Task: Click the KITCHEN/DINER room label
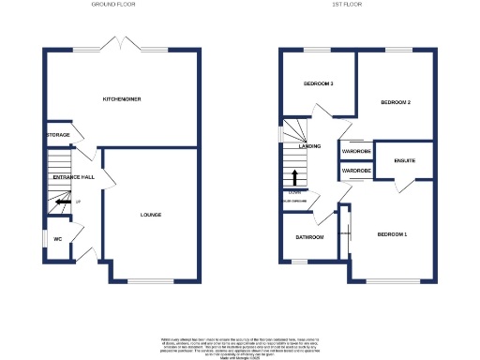pyautogui.click(x=122, y=98)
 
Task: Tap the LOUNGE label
pyautogui.click(x=151, y=215)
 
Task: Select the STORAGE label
pyautogui.click(x=58, y=135)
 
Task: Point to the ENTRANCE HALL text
pyautogui.click(x=74, y=177)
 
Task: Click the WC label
pyautogui.click(x=57, y=238)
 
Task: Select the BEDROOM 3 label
pyautogui.click(x=319, y=84)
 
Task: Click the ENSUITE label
pyautogui.click(x=405, y=161)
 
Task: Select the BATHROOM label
pyautogui.click(x=309, y=237)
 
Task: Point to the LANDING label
pyautogui.click(x=309, y=147)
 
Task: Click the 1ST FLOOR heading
pyautogui.click(x=347, y=5)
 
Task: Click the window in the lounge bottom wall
pyautogui.click(x=150, y=280)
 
